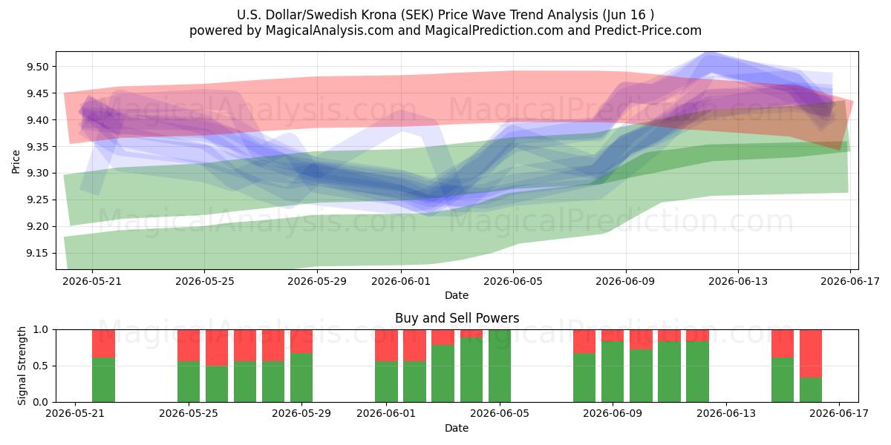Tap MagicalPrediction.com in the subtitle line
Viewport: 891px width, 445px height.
pos(494,30)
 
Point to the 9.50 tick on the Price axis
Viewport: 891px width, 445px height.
pos(37,67)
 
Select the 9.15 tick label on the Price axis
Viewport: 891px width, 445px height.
pos(37,254)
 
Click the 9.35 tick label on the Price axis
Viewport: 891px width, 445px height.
pos(37,147)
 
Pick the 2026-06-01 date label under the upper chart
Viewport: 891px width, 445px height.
pos(401,281)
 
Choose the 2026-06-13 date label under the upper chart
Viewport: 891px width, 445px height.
pos(738,281)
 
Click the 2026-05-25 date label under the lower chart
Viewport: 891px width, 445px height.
pos(189,414)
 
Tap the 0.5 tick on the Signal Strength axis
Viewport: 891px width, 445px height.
pos(42,366)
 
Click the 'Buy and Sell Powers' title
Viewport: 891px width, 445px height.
pos(457,318)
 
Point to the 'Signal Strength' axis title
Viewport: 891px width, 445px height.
pos(22,366)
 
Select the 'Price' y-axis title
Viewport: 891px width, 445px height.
pos(16,162)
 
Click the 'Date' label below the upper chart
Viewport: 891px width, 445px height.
pos(457,295)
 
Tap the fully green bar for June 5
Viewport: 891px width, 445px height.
pos(500,366)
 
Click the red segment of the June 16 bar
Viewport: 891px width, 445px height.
pos(811,354)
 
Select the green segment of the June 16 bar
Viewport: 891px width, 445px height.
pos(811,390)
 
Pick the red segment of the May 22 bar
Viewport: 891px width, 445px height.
pos(103,343)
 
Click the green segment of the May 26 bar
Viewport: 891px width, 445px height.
pos(217,384)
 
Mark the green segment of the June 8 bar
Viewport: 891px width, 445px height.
pos(584,378)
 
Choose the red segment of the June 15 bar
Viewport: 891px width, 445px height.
pos(783,343)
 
